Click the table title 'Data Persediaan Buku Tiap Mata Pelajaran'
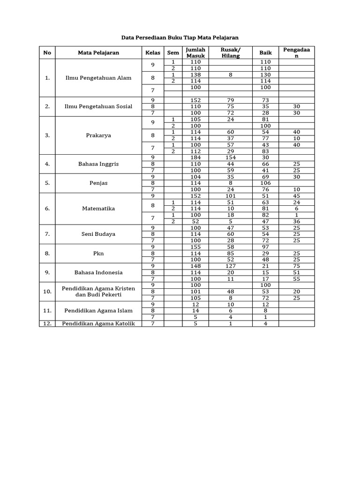pyautogui.click(x=180, y=37)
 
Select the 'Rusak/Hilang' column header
pyautogui.click(x=230, y=52)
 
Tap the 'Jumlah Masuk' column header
pyautogui.click(x=195, y=52)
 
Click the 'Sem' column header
pyautogui.click(x=173, y=52)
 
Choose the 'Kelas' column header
pyautogui.click(x=153, y=52)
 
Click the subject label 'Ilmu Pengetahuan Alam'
pyautogui.click(x=98, y=78)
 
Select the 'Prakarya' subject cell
pyautogui.click(x=98, y=135)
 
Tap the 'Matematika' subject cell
pyautogui.click(x=98, y=209)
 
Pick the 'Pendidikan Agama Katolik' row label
pyautogui.click(x=98, y=323)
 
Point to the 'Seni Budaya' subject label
pyautogui.click(x=98, y=234)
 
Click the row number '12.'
pyautogui.click(x=47, y=323)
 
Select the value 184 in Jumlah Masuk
pyautogui.click(x=195, y=157)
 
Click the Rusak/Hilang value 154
pyautogui.click(x=230, y=157)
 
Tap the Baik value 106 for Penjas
pyautogui.click(x=265, y=183)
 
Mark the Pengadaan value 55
pyautogui.click(x=296, y=278)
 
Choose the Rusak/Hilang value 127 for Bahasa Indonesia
pyautogui.click(x=230, y=266)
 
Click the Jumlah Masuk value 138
pyautogui.click(x=195, y=75)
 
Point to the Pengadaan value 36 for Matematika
pyautogui.click(x=296, y=221)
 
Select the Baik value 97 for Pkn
pyautogui.click(x=265, y=247)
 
